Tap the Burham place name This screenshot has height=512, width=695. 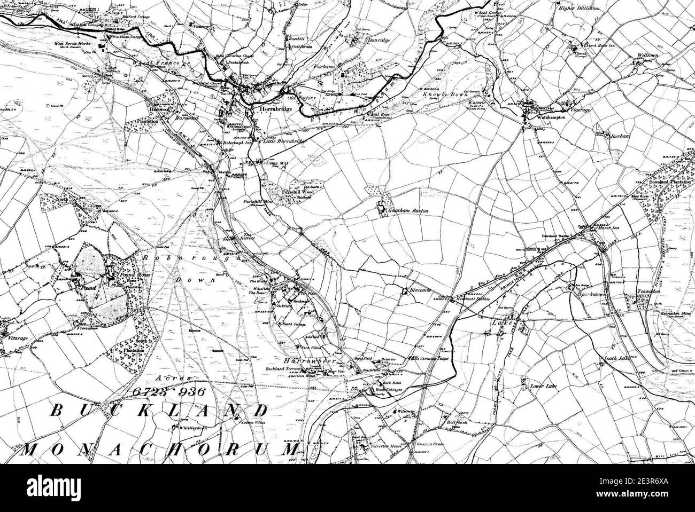click(621, 137)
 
